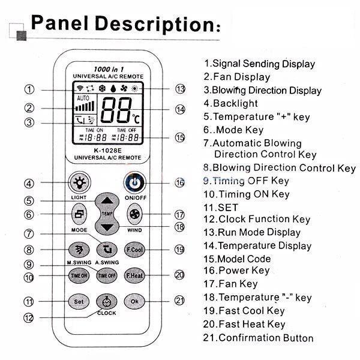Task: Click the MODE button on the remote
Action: coord(79,214)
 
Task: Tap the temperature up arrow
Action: coord(106,202)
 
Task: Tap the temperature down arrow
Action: coord(106,227)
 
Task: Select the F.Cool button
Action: coord(134,249)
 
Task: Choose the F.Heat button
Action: coord(134,275)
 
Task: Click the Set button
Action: coord(79,301)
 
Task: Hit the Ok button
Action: coord(134,301)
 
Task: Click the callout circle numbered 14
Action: coord(179,110)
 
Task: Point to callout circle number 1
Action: coord(29,89)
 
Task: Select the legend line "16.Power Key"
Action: coord(236,271)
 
